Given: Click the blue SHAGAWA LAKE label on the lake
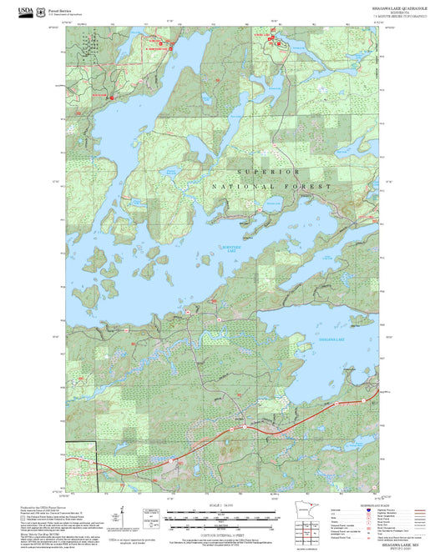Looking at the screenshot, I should tap(333, 339).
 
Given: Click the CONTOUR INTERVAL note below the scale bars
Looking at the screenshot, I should tap(222, 533).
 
